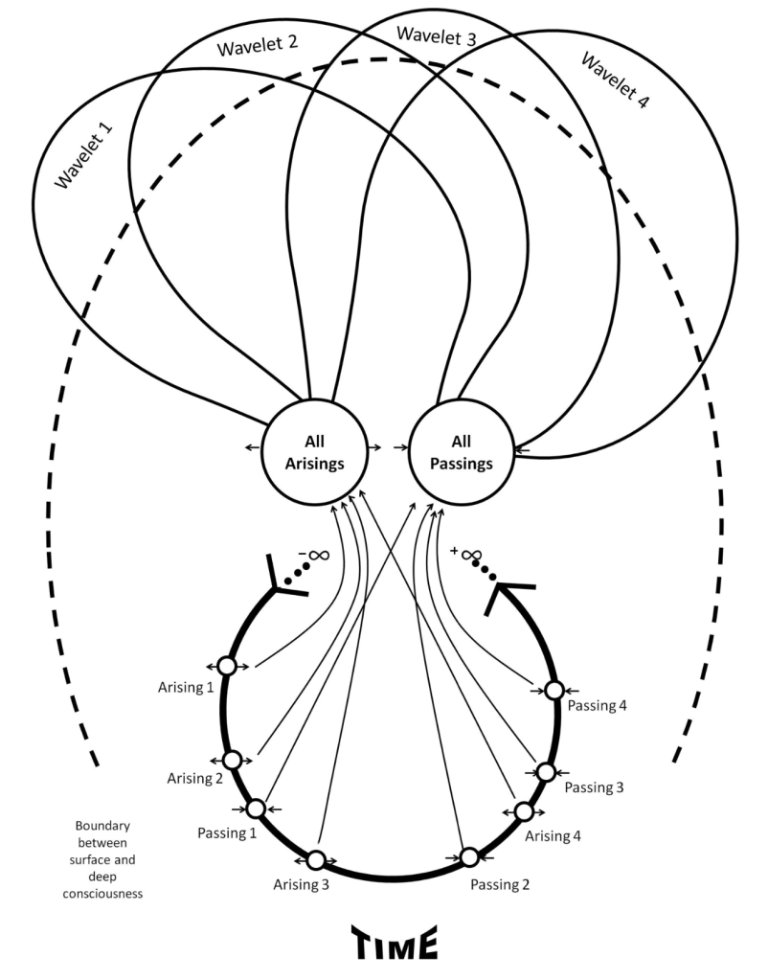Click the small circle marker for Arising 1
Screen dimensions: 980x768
tap(227, 665)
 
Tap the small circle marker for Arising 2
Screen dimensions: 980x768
tap(232, 759)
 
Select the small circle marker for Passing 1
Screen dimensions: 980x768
tap(256, 809)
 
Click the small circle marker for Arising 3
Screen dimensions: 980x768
tap(316, 859)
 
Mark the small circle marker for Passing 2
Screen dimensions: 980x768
tap(469, 856)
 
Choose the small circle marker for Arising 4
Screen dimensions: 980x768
tap(524, 811)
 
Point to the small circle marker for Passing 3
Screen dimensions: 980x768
tap(545, 771)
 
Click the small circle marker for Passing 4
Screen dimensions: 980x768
tap(553, 690)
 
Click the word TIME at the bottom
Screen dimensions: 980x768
tap(394, 943)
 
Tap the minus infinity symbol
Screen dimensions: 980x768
tap(316, 556)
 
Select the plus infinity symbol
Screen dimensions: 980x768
tap(466, 554)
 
